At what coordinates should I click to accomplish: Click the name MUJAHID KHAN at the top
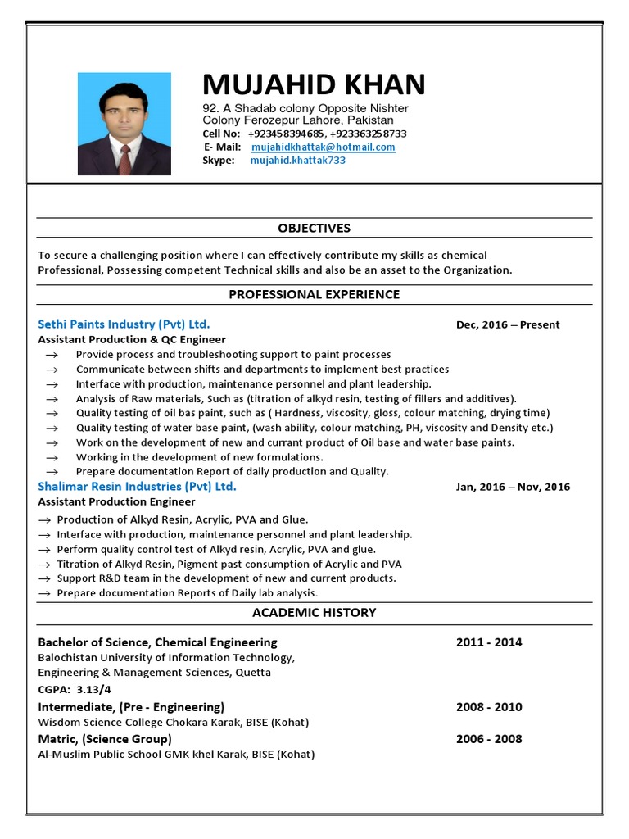coord(314,84)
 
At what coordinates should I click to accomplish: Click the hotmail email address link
coord(323,147)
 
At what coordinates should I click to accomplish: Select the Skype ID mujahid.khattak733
coord(297,161)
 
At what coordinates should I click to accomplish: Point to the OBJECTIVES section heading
coord(314,228)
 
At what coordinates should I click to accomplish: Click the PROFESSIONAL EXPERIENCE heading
coord(314,294)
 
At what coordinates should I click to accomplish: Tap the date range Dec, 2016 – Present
coord(508,324)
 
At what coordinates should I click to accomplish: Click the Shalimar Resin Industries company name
coord(137,487)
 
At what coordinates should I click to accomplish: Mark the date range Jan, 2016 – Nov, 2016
coord(513,487)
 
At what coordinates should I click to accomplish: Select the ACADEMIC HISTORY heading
coord(314,612)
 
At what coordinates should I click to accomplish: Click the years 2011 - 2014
coord(489,642)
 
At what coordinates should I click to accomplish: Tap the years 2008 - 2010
coord(489,707)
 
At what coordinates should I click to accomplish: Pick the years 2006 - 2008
coord(489,739)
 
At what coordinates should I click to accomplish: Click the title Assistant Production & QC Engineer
coord(132,339)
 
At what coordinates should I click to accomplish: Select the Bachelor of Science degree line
coord(157,642)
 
